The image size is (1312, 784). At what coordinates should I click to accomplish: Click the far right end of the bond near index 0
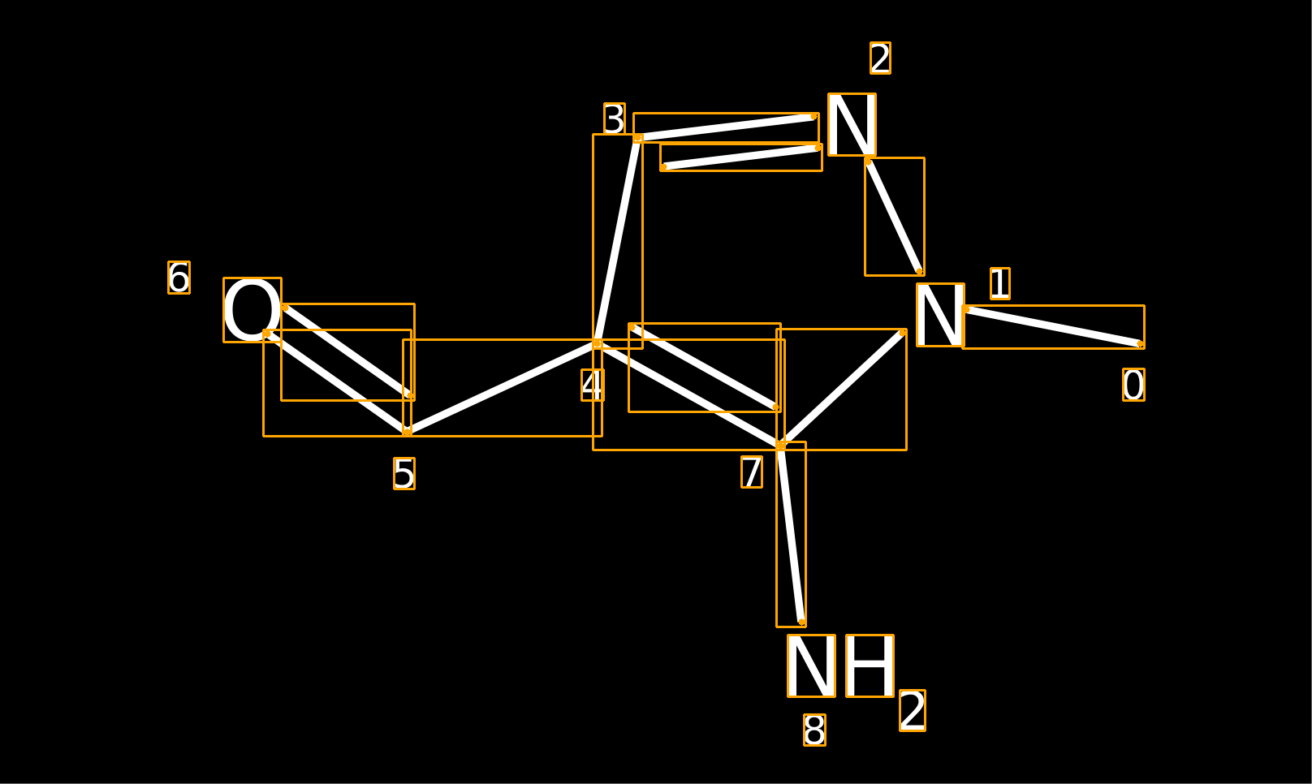1141,344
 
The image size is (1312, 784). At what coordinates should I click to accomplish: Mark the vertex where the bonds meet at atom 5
407,433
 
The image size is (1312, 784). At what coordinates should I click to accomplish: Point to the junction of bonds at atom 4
597,343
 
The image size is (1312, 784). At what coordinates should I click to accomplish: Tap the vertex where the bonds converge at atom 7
780,446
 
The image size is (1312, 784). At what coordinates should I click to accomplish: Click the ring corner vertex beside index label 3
638,138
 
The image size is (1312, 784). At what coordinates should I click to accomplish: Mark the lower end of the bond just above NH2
802,622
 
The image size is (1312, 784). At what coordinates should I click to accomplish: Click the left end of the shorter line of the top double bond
663,167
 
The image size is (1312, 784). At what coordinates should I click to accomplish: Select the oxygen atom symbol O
252,310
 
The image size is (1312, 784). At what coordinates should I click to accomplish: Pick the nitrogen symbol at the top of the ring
852,124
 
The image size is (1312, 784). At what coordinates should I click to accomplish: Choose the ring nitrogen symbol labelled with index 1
940,315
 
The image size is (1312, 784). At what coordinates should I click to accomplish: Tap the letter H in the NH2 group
870,666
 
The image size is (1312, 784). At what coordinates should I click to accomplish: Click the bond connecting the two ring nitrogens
894,216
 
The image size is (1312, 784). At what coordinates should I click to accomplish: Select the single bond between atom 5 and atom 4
502,388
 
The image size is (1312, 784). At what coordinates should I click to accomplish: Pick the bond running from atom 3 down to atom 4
617,241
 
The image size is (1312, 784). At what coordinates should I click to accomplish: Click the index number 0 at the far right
1133,385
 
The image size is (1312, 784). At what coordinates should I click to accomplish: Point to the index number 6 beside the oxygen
179,278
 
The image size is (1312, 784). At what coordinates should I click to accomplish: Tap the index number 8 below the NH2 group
815,730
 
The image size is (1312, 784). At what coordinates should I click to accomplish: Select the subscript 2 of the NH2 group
913,710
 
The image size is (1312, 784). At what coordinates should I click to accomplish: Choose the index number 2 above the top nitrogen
880,58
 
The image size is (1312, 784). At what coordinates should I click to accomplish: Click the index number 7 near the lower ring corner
752,472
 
